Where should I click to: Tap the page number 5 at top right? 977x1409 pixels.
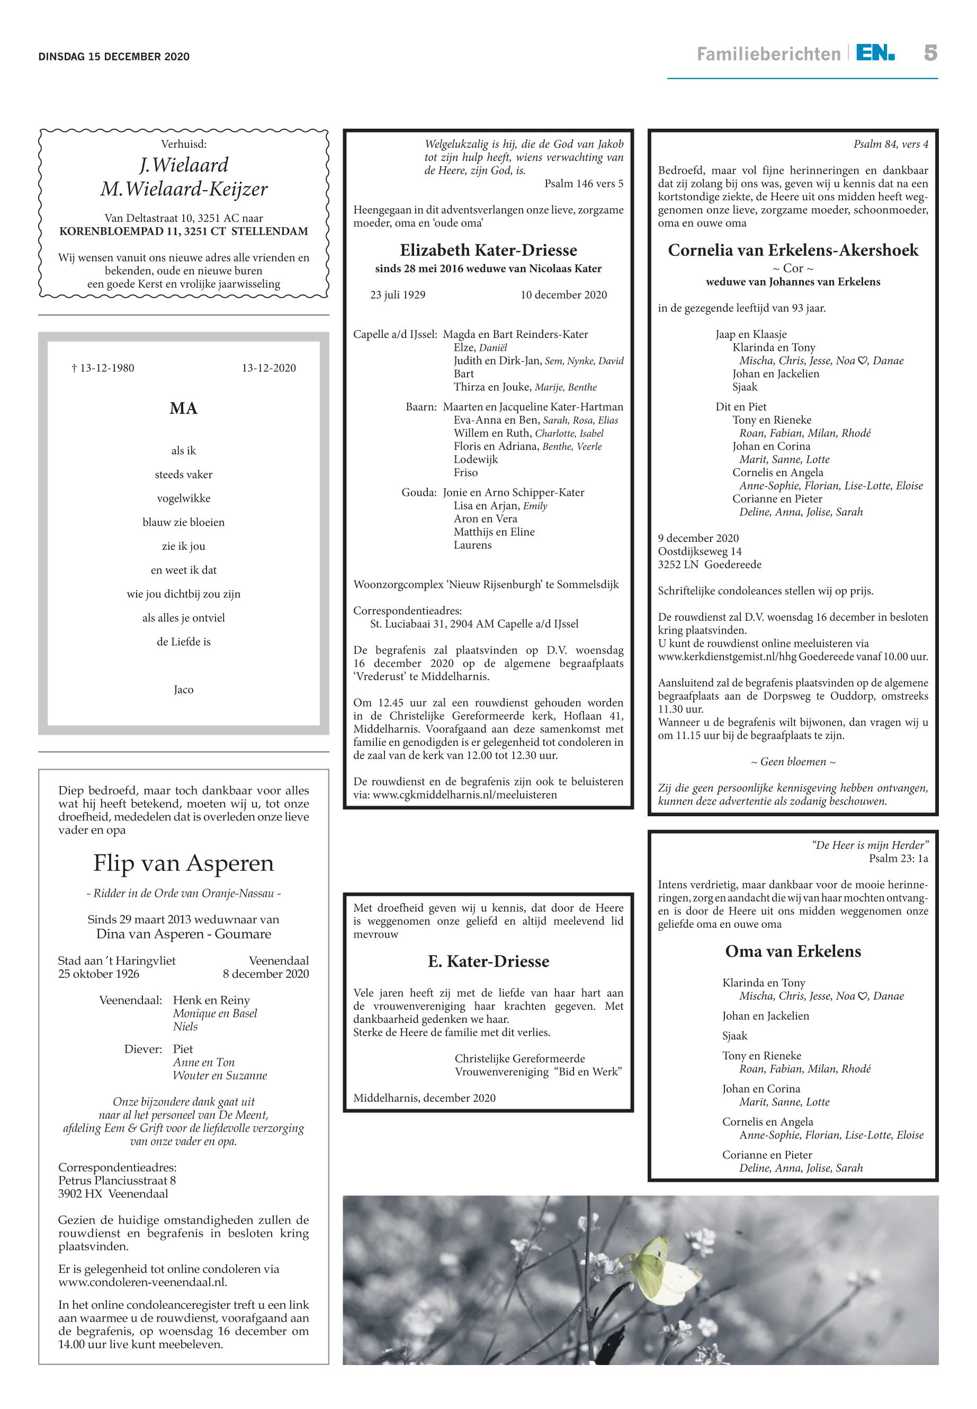click(930, 53)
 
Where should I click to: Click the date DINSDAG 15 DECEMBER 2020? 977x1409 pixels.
click(114, 57)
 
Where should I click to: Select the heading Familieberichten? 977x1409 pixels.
click(768, 55)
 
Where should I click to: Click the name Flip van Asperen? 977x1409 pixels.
click(184, 863)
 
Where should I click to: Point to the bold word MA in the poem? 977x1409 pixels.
click(184, 408)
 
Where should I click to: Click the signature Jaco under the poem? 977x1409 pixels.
click(184, 690)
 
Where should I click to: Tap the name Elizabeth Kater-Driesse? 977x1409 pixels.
click(488, 250)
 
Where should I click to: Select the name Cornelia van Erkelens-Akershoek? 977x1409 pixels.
click(793, 250)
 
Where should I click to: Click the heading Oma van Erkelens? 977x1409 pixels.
click(793, 951)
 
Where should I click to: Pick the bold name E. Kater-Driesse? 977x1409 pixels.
click(488, 961)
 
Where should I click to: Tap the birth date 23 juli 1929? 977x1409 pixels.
click(398, 295)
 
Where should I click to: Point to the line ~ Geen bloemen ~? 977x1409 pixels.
click(793, 762)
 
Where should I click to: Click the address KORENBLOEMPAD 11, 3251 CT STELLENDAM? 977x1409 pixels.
click(184, 231)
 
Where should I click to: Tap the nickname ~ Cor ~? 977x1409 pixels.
click(793, 267)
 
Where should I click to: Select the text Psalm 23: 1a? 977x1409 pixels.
click(898, 859)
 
